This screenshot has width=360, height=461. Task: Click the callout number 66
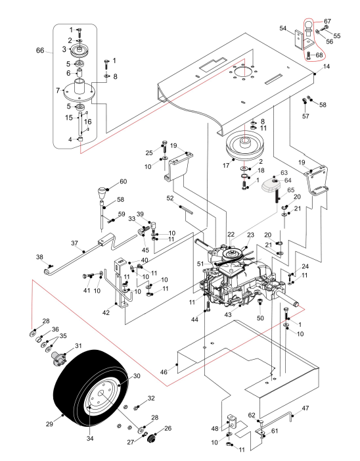coord(40,50)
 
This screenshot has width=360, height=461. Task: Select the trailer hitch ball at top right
coord(308,26)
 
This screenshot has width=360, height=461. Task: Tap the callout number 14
coord(326,66)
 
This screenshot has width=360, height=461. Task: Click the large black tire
coord(91,389)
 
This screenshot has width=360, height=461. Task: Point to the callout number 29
coord(49,424)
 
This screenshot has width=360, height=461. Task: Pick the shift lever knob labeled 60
coord(102,193)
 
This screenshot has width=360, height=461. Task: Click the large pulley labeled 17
coord(244,147)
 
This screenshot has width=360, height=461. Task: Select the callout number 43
coord(228,314)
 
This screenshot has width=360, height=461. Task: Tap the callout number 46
coord(164,372)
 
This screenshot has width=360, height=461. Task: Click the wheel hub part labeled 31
coord(58,358)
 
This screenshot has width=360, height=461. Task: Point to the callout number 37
coord(75,243)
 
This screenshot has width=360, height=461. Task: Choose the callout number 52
coord(170,199)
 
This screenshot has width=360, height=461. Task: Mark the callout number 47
coord(305,408)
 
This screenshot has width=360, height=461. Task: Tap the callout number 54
coord(282,28)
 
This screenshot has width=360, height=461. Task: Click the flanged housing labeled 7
coord(79,91)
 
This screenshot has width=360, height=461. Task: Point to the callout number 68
coord(319,55)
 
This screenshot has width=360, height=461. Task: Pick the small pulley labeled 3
coord(79,50)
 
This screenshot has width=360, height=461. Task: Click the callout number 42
coord(106,312)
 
